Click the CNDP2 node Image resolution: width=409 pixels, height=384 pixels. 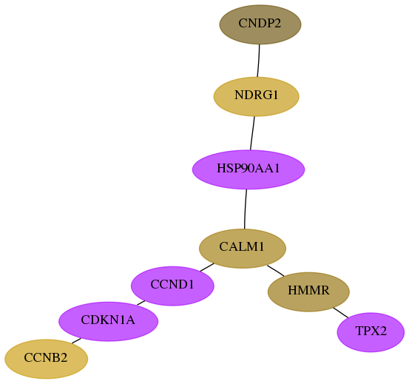point(260,24)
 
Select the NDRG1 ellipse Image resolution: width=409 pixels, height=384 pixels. point(256,96)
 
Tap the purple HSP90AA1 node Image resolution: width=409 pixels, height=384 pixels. point(249,169)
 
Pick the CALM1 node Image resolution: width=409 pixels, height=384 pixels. point(243,249)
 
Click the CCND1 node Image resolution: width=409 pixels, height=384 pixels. point(172,286)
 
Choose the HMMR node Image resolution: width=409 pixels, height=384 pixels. point(308,292)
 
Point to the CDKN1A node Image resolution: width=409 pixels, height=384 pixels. point(108,321)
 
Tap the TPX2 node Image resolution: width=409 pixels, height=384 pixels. point(371,332)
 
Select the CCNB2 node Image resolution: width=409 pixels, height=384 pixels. point(46,359)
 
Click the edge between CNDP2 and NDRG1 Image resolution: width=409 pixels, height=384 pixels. point(259,61)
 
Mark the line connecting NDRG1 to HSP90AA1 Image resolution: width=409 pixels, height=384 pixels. point(252,133)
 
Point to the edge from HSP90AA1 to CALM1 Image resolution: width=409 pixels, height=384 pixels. point(246,209)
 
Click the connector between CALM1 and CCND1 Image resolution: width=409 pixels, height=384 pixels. point(207,267)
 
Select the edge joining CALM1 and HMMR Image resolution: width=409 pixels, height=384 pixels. point(275,271)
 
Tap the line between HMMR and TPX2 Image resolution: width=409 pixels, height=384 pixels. point(340,312)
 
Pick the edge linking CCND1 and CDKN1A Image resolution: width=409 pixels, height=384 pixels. point(141,303)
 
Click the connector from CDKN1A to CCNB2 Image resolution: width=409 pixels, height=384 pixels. point(76,340)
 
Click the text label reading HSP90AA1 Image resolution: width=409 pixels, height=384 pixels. point(249,168)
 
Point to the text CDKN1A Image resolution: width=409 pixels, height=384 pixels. point(108,320)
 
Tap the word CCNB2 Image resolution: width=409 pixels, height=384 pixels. point(46,357)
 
